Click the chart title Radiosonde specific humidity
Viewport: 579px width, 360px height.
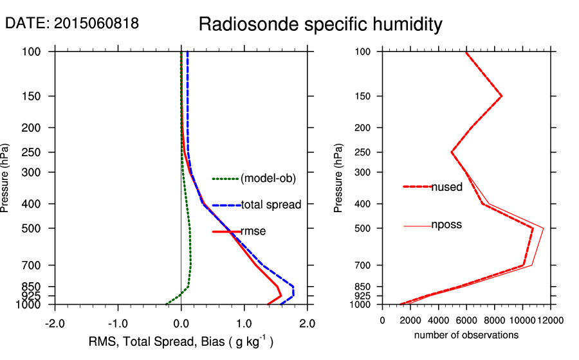pyautogui.click(x=320, y=24)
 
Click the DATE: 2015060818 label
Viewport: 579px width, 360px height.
pyautogui.click(x=72, y=24)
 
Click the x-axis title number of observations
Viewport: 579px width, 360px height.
pyautogui.click(x=466, y=335)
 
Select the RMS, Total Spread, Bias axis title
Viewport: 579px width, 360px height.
pyautogui.click(x=181, y=342)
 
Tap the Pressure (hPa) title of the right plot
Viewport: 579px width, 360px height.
pyautogui.click(x=338, y=178)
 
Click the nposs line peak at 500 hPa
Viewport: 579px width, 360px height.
pyautogui.click(x=544, y=228)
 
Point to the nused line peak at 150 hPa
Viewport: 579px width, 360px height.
pyautogui.click(x=501, y=96)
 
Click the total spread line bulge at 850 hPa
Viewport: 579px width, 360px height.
pyautogui.click(x=293, y=287)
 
